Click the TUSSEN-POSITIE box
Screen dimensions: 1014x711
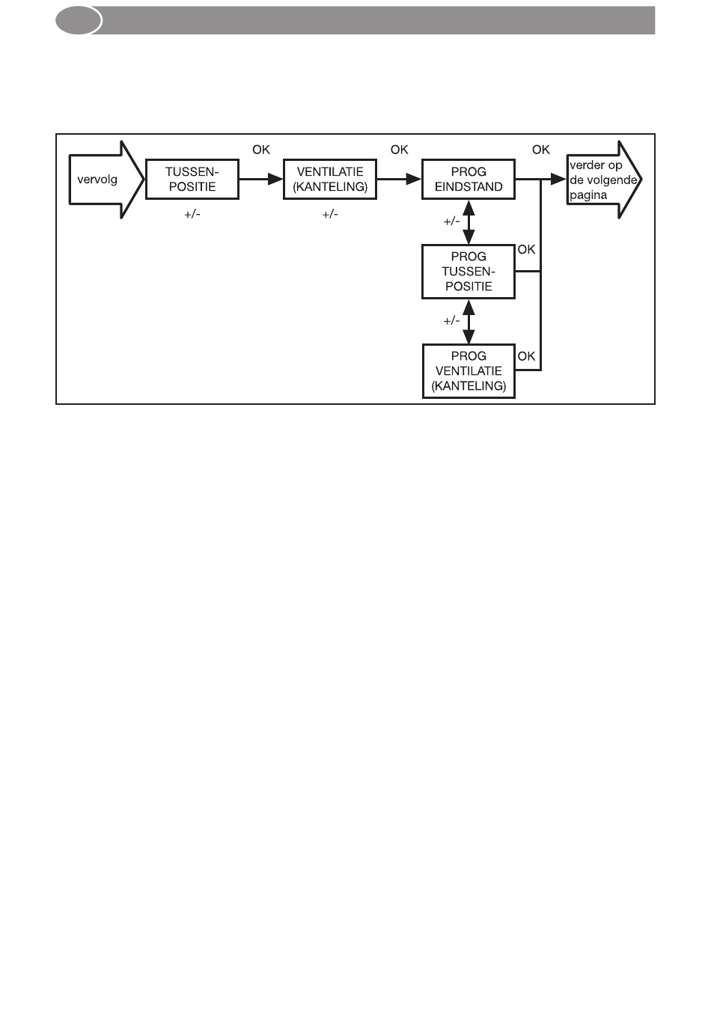192,180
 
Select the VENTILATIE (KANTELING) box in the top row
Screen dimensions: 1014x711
330,180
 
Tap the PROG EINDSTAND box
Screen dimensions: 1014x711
469,180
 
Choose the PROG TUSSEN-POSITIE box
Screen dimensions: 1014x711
469,272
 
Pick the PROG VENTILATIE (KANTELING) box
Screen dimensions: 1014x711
469,371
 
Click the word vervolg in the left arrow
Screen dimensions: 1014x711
97,180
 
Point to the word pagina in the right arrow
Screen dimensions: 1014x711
589,195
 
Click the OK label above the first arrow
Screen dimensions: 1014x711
261,150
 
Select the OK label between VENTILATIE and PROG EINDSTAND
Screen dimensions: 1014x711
400,150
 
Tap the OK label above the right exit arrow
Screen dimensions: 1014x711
541,150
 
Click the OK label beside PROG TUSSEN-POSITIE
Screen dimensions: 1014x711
527,249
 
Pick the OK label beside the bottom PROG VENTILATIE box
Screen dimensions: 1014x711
527,356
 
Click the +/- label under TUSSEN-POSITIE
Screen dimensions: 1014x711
192,214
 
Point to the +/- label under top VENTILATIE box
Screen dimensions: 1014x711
330,214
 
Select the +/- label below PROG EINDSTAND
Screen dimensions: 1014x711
451,222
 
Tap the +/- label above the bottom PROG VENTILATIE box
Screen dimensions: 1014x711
451,321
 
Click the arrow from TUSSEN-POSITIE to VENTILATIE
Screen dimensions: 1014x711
260,180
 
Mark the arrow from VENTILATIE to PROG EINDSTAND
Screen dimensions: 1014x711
399,180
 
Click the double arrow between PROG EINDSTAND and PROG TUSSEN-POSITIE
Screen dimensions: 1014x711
469,222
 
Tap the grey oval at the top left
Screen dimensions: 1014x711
79,21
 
